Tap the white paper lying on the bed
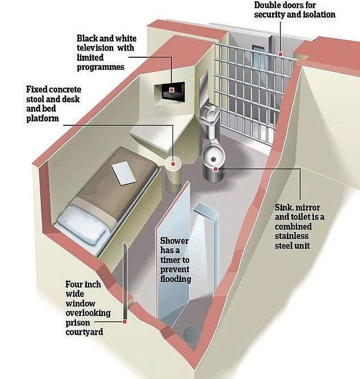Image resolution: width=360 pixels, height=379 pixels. (x=123, y=173)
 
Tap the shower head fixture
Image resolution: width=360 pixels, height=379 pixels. (x=206, y=211)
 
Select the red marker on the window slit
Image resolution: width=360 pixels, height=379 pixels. (x=124, y=322)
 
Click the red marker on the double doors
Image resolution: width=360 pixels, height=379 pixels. (x=281, y=54)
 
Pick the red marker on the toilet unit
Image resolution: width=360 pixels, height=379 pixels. (x=216, y=169)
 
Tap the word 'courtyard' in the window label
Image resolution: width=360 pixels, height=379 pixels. (x=84, y=332)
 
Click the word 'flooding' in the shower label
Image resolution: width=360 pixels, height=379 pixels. (x=175, y=279)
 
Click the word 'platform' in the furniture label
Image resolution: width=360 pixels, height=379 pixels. (x=43, y=119)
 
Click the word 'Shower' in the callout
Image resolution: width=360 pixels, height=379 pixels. (x=174, y=241)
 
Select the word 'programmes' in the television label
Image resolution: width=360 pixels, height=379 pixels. (x=101, y=67)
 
